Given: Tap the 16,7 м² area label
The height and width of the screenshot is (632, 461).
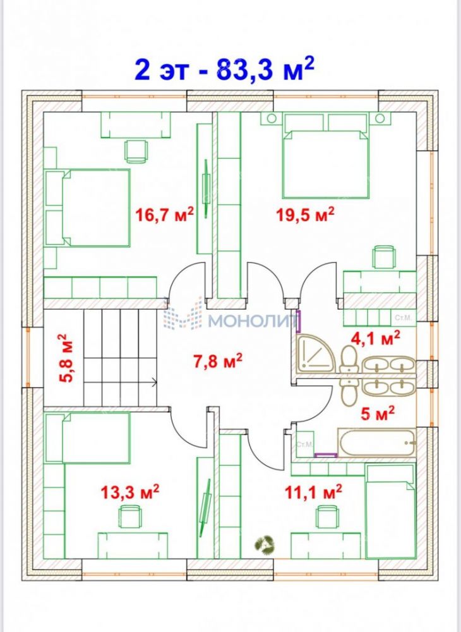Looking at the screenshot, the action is point(164,214).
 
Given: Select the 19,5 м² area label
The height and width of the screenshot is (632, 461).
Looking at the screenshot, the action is point(305,214).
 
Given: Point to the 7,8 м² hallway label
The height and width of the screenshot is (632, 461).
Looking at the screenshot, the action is point(217,360).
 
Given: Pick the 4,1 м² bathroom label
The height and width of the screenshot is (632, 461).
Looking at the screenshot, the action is point(376,337).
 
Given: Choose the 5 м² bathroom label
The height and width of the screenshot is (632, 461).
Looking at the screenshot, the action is point(377,413).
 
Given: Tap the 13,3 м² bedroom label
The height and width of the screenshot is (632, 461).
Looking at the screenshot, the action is point(129,492).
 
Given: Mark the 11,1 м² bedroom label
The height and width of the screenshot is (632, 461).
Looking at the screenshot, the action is point(313,491).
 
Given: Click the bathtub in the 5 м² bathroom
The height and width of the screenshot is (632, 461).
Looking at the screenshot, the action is point(376,443).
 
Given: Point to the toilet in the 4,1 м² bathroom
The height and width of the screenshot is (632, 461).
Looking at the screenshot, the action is point(348,361).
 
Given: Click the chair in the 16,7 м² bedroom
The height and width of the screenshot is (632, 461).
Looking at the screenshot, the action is point(137,151).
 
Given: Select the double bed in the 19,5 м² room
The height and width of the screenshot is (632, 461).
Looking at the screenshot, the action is point(325,155).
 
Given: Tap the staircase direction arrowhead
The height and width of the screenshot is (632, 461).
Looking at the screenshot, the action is point(155,381).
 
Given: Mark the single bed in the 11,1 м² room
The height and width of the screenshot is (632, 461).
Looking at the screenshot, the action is point(390,511).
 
